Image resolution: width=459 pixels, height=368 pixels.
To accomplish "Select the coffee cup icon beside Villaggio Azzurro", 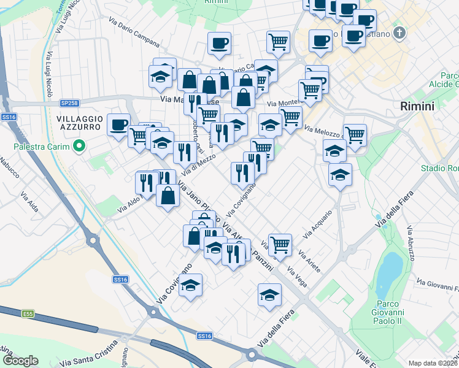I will click(118, 125).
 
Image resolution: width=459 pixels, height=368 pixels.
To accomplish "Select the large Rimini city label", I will click(417, 106).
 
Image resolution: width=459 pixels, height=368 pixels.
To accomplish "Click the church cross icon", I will click(399, 32).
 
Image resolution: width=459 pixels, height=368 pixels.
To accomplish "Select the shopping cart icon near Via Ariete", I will click(280, 243).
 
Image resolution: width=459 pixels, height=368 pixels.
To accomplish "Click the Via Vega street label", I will click(297, 278).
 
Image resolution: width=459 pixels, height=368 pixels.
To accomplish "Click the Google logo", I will click(20, 361).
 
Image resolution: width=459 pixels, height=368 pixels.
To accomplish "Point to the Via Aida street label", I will click(29, 202).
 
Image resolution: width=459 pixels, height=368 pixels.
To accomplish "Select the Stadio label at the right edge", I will click(439, 168).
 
